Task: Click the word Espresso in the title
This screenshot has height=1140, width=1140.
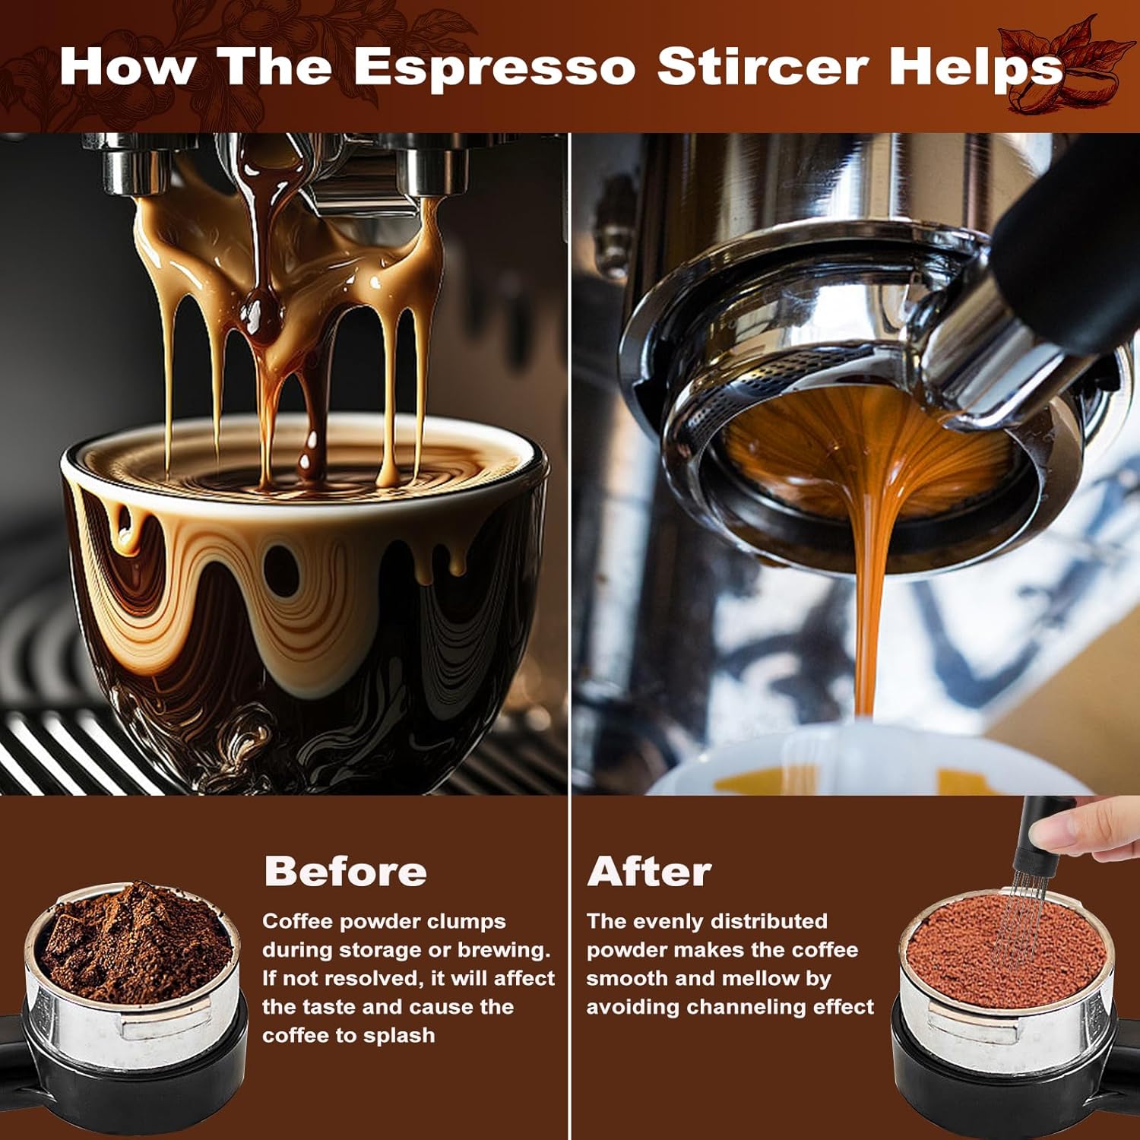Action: (494, 67)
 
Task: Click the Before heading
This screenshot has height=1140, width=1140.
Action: (345, 871)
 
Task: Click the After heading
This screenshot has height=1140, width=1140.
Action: (649, 871)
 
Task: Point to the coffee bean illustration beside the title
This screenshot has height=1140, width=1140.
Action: (1064, 68)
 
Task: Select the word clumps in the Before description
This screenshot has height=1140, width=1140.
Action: (466, 922)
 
